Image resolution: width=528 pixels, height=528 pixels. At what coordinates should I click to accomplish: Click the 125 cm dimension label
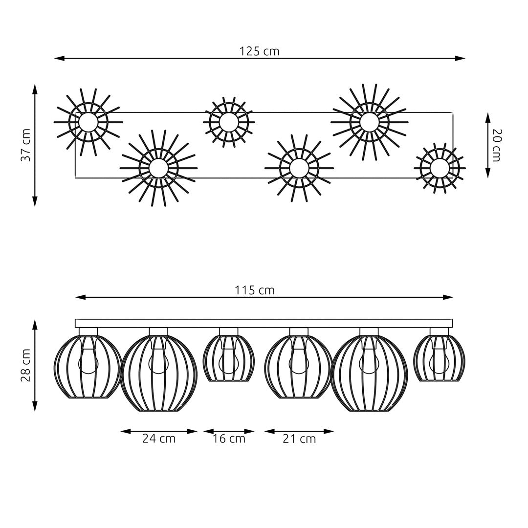pyautogui.click(x=259, y=51)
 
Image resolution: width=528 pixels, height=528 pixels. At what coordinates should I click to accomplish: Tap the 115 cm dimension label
pyautogui.click(x=254, y=290)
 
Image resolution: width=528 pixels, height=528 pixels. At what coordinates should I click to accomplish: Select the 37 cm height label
pyautogui.click(x=26, y=145)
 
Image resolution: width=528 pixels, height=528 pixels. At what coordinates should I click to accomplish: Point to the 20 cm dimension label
pyautogui.click(x=497, y=145)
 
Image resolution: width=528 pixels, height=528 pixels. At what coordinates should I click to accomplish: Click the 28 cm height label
pyautogui.click(x=26, y=365)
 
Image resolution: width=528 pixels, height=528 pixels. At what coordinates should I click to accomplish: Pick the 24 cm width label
pyautogui.click(x=159, y=439)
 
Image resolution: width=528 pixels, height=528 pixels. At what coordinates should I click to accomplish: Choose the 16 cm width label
pyautogui.click(x=229, y=439)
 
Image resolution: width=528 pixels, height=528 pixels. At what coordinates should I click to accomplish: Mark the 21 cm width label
pyautogui.click(x=299, y=439)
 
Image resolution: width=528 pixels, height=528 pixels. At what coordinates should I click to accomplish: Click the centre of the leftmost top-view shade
pyautogui.click(x=88, y=122)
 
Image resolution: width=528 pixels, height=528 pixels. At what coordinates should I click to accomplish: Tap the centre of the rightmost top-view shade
pyautogui.click(x=440, y=168)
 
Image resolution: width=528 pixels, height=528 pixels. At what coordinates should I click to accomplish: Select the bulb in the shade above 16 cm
pyautogui.click(x=228, y=362)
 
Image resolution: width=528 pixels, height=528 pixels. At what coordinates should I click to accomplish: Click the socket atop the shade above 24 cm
pyautogui.click(x=158, y=332)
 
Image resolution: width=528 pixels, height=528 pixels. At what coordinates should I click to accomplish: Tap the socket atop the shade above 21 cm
pyautogui.click(x=299, y=332)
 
